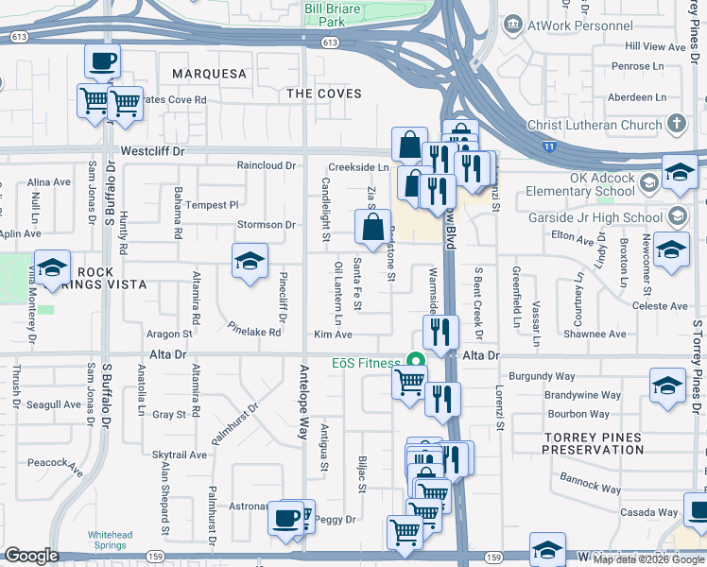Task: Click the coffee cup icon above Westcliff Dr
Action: (x=102, y=62)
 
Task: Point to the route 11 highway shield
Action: (x=549, y=146)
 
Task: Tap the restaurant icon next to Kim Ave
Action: (x=440, y=333)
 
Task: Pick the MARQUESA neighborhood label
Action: (x=210, y=74)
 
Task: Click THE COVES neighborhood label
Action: (x=324, y=94)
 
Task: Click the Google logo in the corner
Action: (x=31, y=556)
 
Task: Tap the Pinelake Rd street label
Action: (x=254, y=332)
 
